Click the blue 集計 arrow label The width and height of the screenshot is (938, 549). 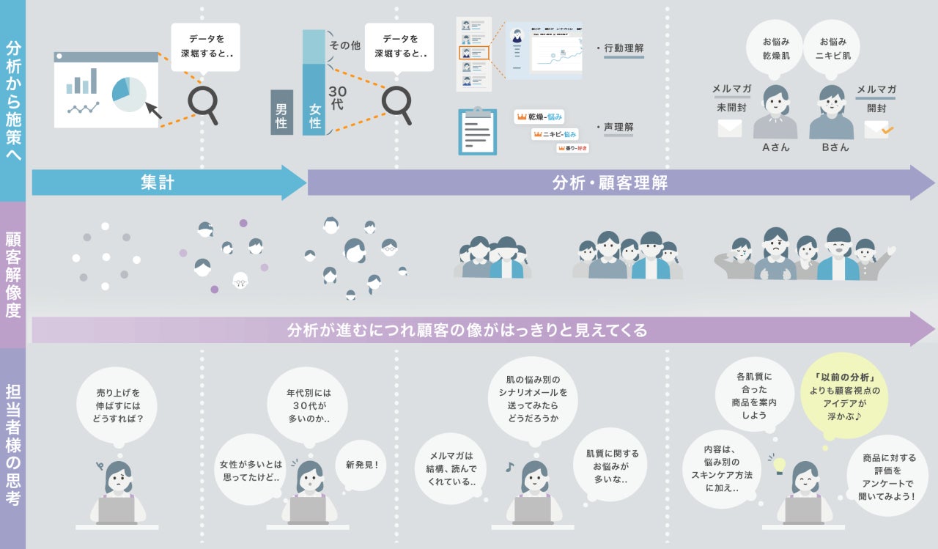point(158,183)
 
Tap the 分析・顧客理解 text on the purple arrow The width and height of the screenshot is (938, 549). point(610,183)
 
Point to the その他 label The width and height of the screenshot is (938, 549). point(344,45)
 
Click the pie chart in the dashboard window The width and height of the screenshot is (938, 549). point(129,94)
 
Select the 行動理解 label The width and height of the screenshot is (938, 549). point(623,48)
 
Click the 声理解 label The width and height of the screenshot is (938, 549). point(618,127)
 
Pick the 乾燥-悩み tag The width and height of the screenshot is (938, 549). point(539,117)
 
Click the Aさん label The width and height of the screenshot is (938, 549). point(775,147)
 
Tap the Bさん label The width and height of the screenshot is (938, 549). point(835,147)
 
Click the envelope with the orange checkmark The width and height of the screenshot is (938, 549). point(878,129)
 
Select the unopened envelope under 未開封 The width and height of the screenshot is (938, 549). point(730,128)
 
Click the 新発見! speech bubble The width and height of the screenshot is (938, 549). point(362,465)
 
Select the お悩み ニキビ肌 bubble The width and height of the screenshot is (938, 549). point(835,48)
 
